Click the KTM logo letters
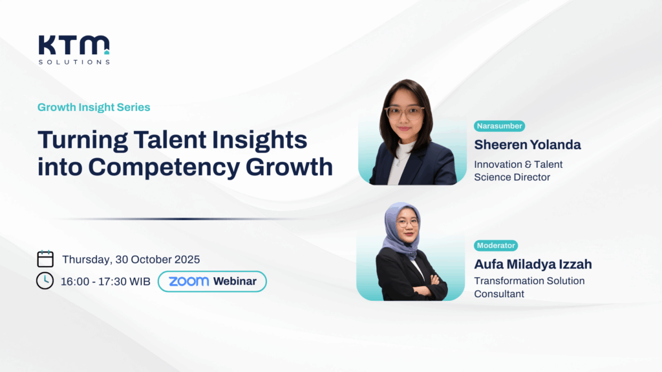(74, 45)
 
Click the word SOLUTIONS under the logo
(74, 62)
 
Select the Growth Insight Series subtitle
(94, 107)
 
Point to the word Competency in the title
(164, 167)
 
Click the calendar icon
(45, 258)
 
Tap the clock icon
(45, 281)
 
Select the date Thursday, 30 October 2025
(131, 260)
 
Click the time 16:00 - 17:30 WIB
(105, 282)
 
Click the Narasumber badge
(500, 126)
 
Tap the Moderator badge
(496, 245)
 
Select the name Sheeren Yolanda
(528, 145)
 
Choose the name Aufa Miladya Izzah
(533, 264)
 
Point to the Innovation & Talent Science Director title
(518, 170)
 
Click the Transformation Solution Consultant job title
(529, 287)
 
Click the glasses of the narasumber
(404, 112)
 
